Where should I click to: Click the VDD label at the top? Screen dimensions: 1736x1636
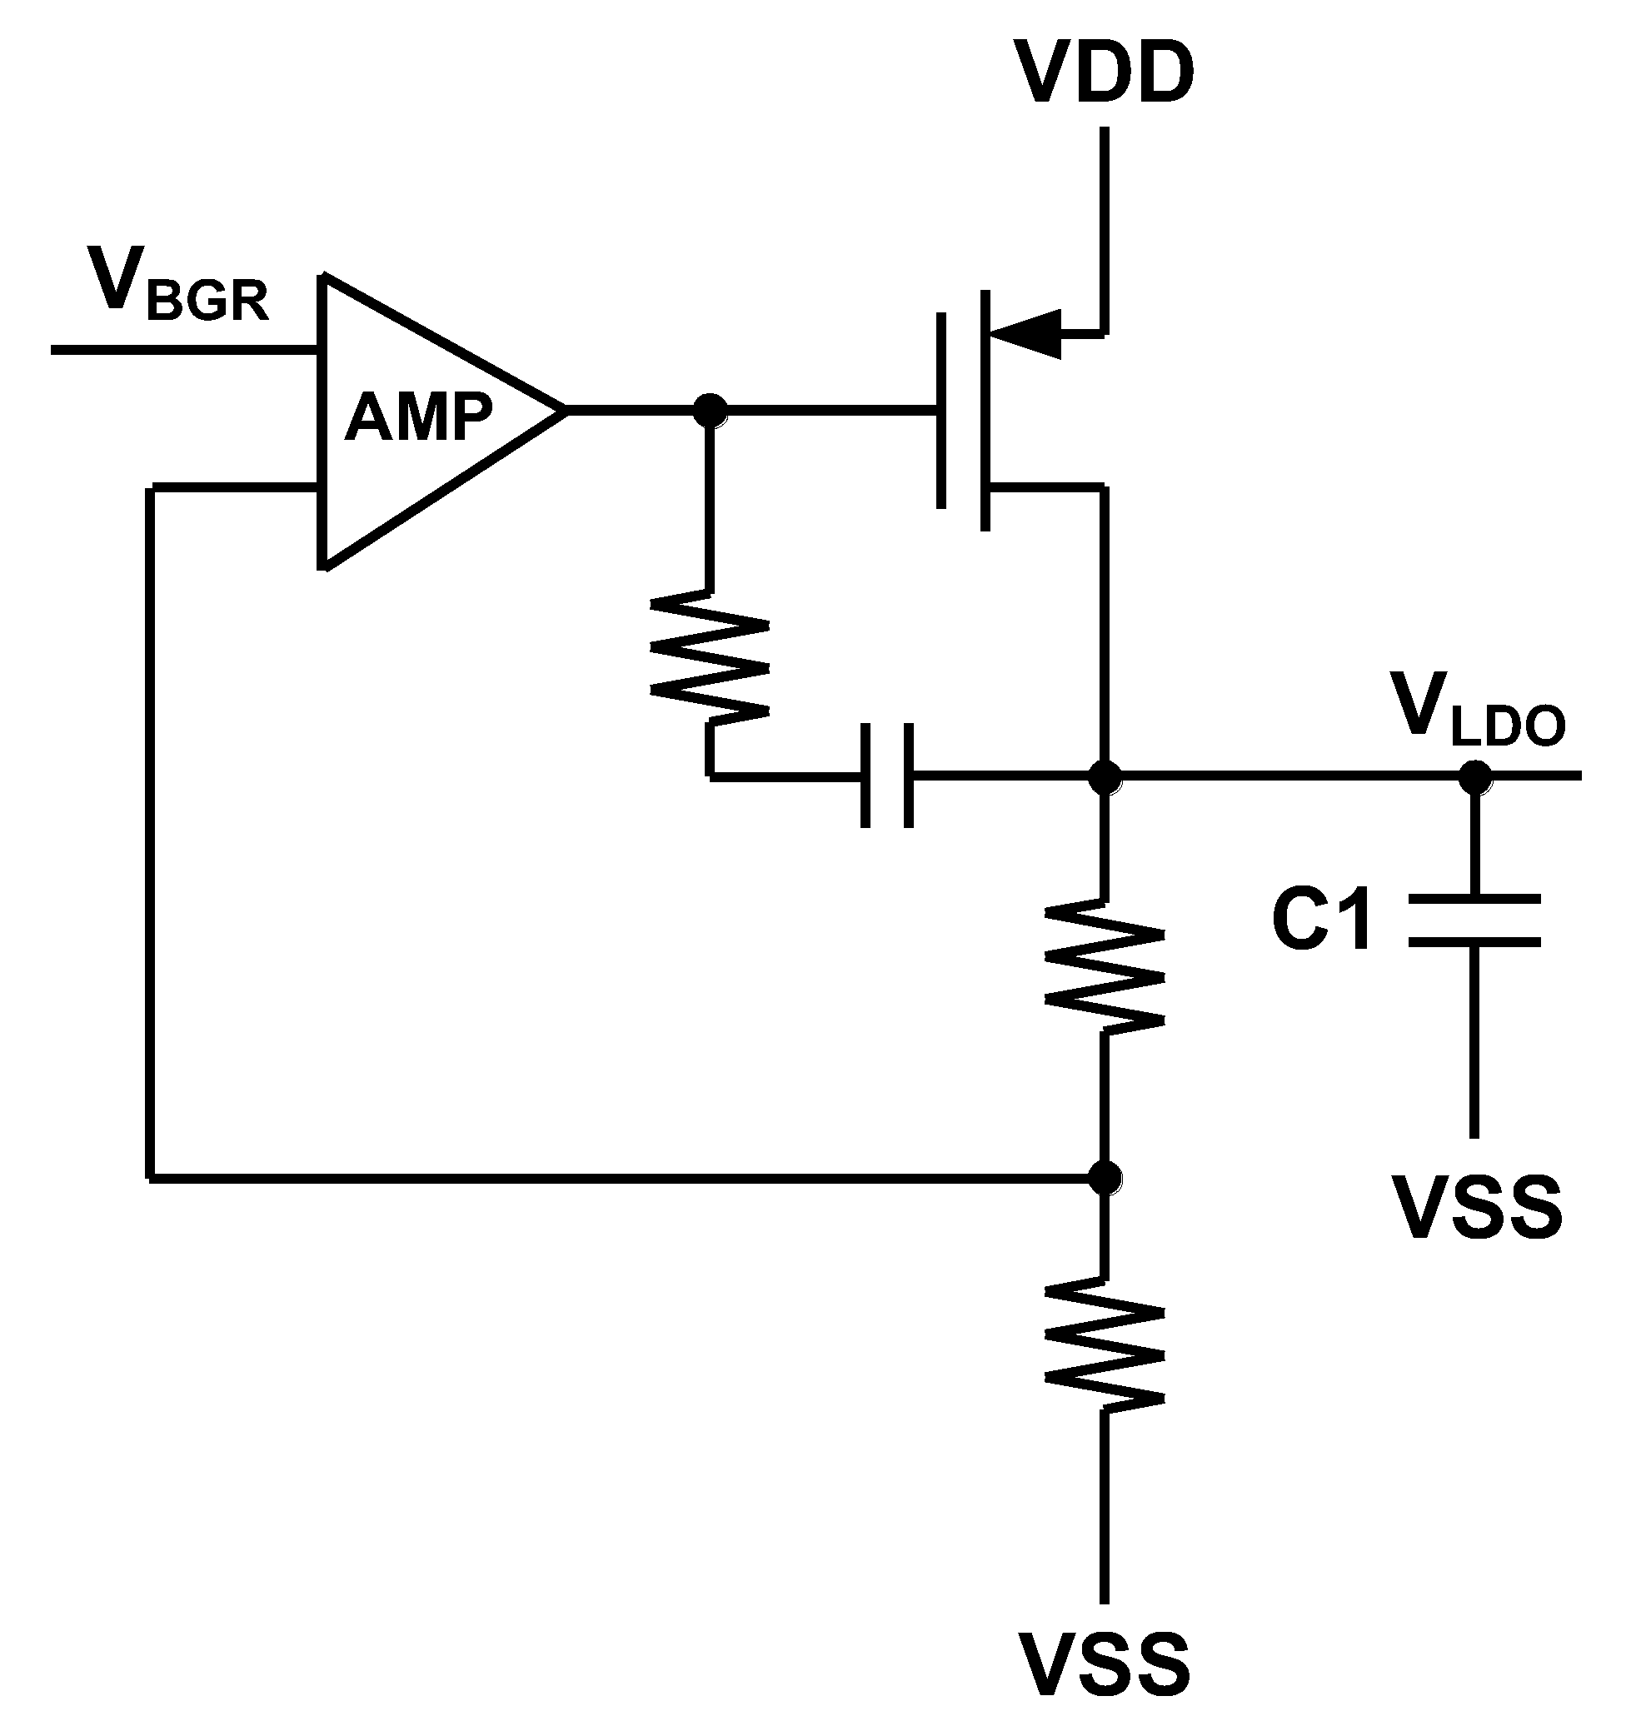tap(1104, 73)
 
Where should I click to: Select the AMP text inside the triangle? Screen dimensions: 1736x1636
tap(419, 417)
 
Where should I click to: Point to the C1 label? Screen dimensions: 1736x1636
tap(1322, 920)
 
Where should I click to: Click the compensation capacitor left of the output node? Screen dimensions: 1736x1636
tap(887, 775)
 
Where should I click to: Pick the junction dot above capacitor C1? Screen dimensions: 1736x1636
tap(1475, 776)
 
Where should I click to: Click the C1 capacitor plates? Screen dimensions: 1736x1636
tap(1475, 920)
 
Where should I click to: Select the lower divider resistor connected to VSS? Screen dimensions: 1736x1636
tap(1105, 1344)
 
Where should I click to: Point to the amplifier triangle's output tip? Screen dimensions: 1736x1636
tap(563, 409)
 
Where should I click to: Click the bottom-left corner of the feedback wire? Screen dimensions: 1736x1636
tap(151, 1178)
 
